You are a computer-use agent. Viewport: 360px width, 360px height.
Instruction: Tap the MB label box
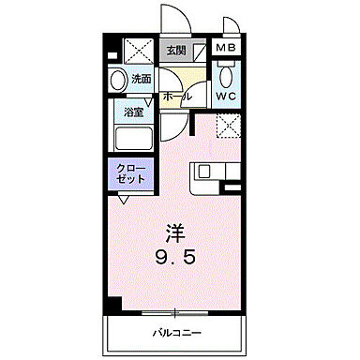226,50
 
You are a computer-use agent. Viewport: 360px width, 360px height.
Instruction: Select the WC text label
226,96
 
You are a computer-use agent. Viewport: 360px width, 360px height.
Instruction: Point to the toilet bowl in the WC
226,75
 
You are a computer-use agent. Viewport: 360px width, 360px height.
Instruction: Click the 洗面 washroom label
141,79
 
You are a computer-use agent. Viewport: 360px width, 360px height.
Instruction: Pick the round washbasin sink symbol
117,81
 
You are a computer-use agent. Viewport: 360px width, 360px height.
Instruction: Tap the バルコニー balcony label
174,333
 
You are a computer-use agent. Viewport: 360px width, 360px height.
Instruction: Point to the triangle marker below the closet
124,199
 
